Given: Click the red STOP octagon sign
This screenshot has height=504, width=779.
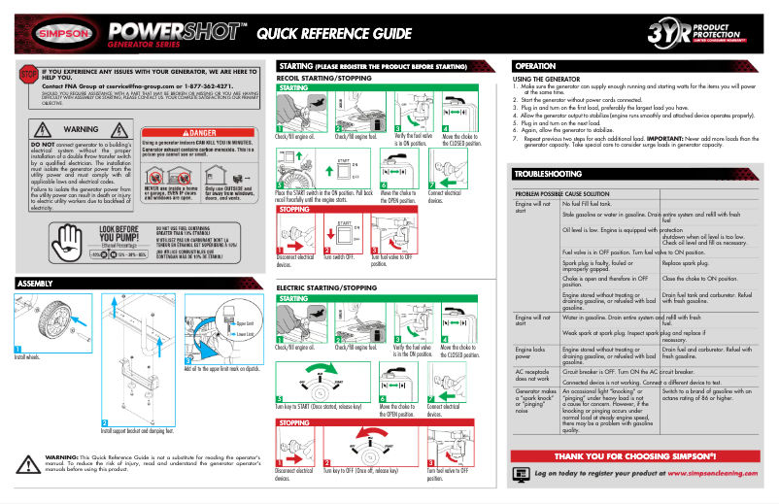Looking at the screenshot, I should (28, 75).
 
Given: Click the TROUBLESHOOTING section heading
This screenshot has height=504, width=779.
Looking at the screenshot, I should (551, 173).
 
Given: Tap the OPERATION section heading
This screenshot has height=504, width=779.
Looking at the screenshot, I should (535, 65).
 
